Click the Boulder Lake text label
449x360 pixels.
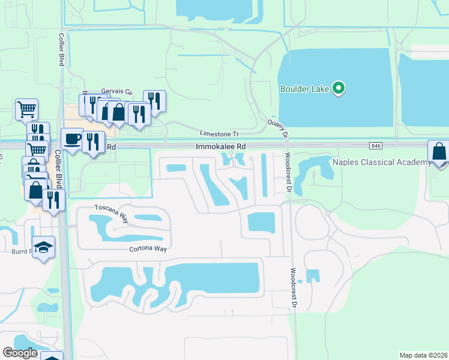305,89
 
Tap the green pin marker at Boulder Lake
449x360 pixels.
339,89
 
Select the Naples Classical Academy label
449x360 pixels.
382,162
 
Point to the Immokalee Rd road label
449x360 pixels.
220,146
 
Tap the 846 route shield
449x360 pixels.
376,146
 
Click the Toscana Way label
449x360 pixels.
112,208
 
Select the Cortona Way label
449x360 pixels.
146,248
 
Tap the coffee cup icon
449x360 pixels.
73,139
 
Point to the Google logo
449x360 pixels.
20,353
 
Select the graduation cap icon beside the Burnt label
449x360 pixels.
43,247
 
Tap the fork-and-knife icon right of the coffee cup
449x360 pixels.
92,142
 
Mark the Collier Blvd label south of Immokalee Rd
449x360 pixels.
62,170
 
